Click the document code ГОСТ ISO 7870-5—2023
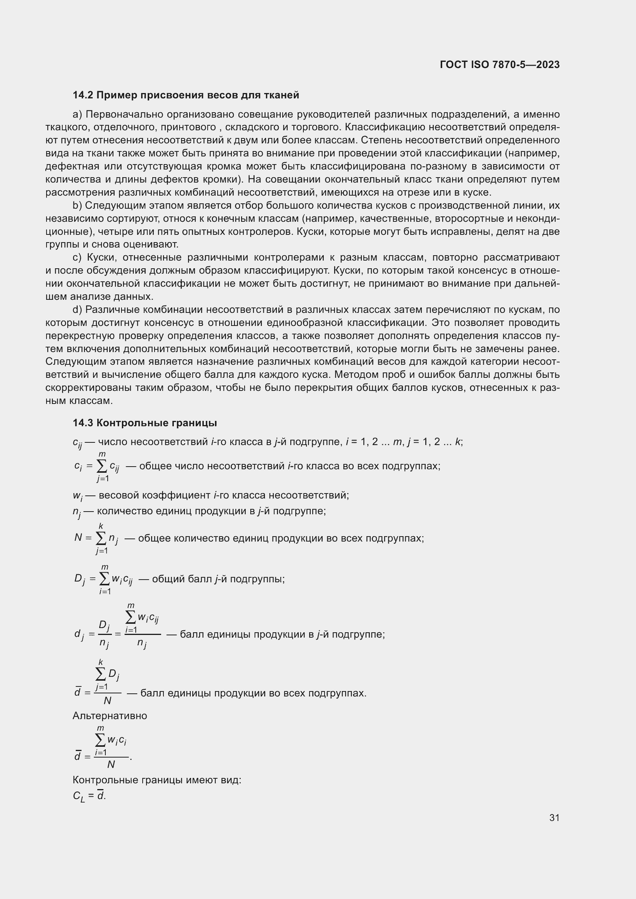coord(500,65)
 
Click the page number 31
coord(554,818)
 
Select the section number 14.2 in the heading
coord(83,95)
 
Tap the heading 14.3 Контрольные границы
coord(145,423)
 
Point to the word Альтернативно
coord(110,716)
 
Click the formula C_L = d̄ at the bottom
coord(89,796)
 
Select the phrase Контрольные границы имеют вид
coord(157,780)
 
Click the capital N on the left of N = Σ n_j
coord(78,538)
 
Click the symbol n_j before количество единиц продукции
coord(77,512)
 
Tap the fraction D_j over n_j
coord(104,634)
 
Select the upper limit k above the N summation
coord(101,526)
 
